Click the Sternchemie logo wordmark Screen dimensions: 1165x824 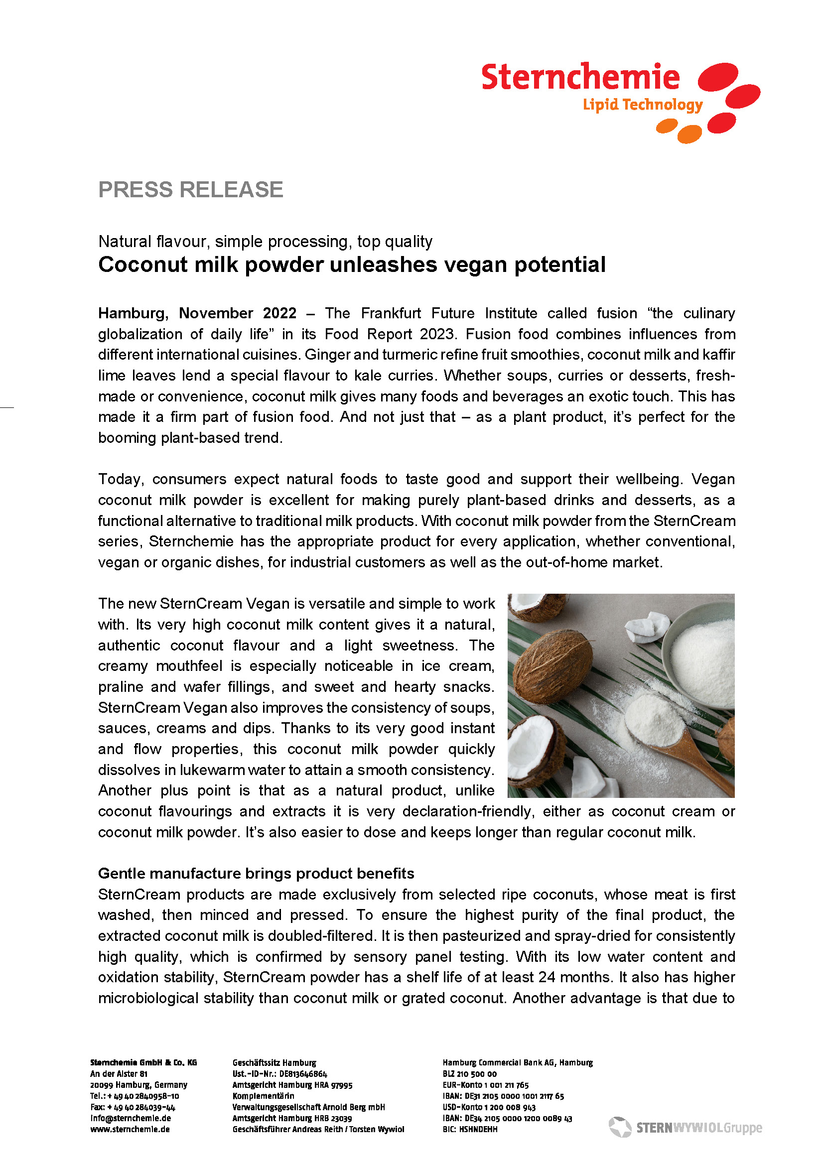(x=580, y=77)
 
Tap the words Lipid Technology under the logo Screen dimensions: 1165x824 (x=642, y=105)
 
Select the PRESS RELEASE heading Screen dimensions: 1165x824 (x=190, y=190)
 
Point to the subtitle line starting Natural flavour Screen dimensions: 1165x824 (x=265, y=242)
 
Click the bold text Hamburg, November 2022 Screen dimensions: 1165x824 (x=197, y=313)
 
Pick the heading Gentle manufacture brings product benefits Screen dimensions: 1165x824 (x=256, y=873)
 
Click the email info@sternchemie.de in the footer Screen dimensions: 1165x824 (x=131, y=1118)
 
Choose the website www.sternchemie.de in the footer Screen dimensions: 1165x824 (x=130, y=1129)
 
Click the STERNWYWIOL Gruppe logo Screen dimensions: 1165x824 (x=686, y=1128)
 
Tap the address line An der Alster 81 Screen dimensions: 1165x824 (x=119, y=1074)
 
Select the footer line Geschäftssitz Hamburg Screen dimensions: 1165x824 (x=274, y=1062)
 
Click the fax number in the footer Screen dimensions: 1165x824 (x=133, y=1107)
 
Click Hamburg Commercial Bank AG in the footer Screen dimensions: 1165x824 (x=518, y=1062)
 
